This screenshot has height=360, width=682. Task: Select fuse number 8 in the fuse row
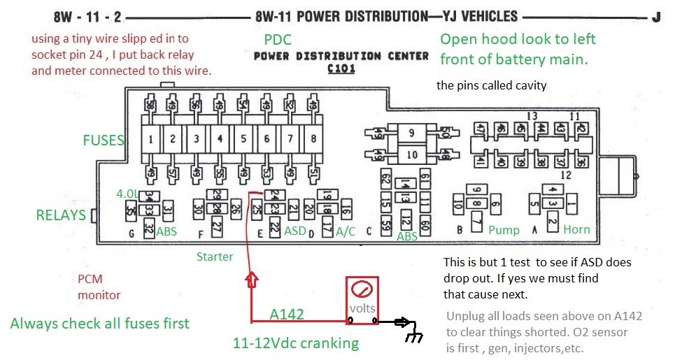[x=313, y=139]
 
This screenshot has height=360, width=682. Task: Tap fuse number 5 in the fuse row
[x=243, y=139]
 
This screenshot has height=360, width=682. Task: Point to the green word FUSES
[x=103, y=141]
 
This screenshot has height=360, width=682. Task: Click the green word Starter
[x=215, y=257]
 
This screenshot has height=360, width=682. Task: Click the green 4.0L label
[x=128, y=194]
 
